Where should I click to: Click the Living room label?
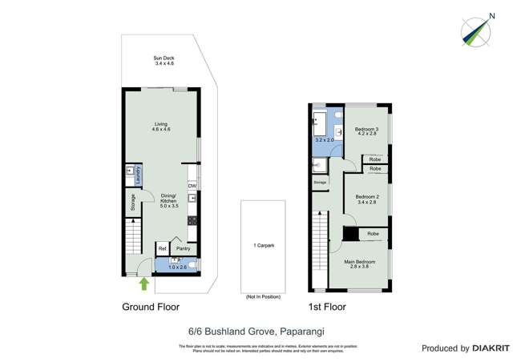161,127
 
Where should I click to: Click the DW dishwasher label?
192,186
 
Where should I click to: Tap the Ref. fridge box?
162,249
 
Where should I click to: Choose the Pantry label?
182,249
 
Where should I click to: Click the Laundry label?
138,174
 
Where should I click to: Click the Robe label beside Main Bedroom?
374,234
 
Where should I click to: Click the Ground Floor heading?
151,307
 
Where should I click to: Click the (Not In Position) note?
263,297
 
